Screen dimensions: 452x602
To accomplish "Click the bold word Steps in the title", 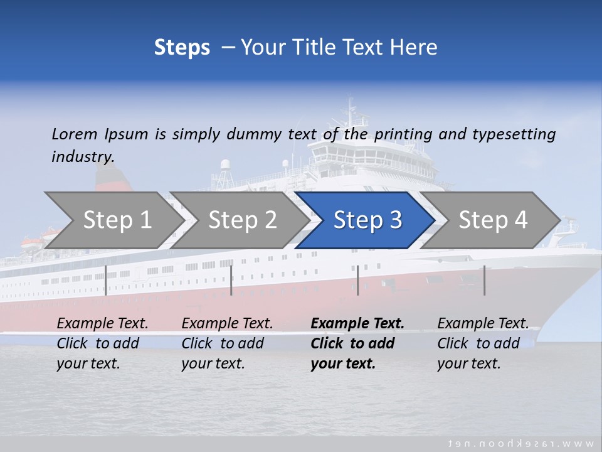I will point(182,48).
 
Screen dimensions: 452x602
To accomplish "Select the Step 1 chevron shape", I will point(117,220).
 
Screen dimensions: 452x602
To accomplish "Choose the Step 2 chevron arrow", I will point(242,220).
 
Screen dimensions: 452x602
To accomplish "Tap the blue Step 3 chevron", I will point(367,220).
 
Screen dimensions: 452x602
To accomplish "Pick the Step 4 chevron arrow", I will point(492,220).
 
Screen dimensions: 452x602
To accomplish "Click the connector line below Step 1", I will point(105,280).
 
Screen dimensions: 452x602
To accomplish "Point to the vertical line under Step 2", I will point(231,280).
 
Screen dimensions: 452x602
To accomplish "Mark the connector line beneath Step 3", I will point(357,280).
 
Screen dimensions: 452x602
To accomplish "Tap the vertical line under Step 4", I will point(484,280).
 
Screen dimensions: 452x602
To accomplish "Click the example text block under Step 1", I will point(102,343).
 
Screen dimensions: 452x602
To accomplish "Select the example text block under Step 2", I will point(227,343).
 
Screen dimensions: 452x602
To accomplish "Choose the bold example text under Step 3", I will point(357,343).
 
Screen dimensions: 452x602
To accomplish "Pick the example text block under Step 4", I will point(483,343).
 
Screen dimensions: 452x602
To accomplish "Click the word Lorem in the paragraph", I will point(74,134).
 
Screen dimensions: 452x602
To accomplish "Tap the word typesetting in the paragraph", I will point(514,134).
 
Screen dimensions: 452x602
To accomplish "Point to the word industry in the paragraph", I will point(82,157).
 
